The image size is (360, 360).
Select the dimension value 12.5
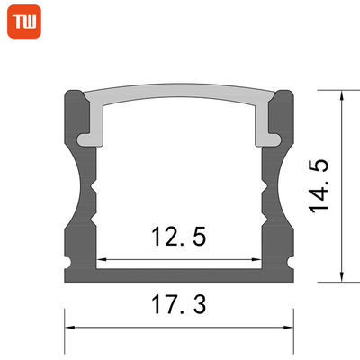[x=178, y=237]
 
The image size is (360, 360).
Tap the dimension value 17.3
[x=179, y=305]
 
